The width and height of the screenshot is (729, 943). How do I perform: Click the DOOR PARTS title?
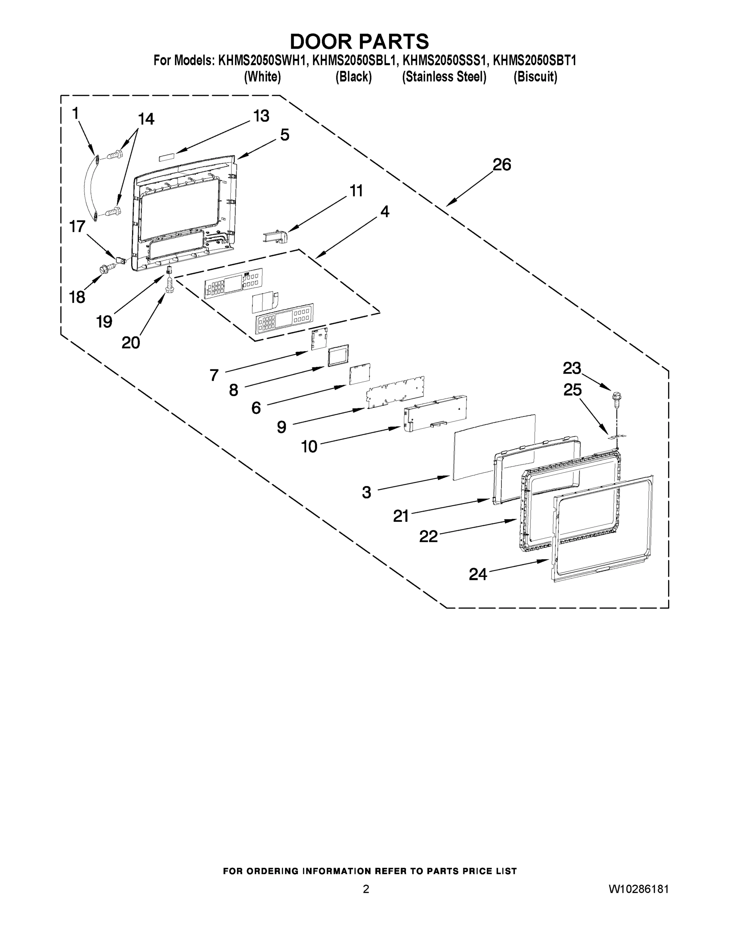coord(359,41)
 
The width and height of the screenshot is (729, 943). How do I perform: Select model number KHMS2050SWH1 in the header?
coord(263,61)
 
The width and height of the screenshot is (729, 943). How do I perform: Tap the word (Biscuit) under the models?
coord(535,77)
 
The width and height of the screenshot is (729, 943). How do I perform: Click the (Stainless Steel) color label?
coord(444,77)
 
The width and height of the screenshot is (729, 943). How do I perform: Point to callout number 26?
coord(502,165)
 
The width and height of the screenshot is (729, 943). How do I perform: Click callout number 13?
coord(261,116)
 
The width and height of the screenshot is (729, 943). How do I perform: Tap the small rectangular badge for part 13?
coord(167,156)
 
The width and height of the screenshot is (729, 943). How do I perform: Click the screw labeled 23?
coord(616,398)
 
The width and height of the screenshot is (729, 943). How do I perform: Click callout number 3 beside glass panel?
coord(366,492)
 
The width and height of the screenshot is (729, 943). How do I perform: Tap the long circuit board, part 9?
coord(396,392)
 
